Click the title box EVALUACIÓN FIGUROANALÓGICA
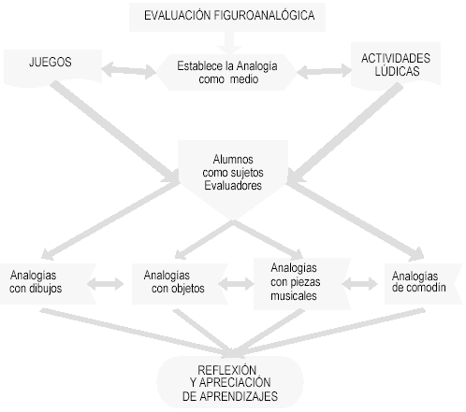pyautogui.click(x=227, y=17)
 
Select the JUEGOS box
pyautogui.click(x=52, y=67)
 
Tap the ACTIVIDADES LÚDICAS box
pyautogui.click(x=396, y=64)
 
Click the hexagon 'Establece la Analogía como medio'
pyautogui.click(x=226, y=72)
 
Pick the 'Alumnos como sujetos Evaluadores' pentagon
pyautogui.click(x=233, y=176)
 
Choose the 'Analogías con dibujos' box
pyautogui.click(x=48, y=284)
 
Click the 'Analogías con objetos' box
pyautogui.click(x=180, y=284)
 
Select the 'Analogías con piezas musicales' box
pyautogui.click(x=302, y=284)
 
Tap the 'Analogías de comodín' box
pyautogui.click(x=423, y=284)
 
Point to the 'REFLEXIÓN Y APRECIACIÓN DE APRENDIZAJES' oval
pyautogui.click(x=230, y=382)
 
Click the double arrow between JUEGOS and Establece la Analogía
pyautogui.click(x=129, y=70)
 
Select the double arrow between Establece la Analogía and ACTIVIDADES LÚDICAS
pyautogui.click(x=325, y=71)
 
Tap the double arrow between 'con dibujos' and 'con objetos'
pyautogui.click(x=106, y=284)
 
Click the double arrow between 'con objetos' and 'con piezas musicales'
pyautogui.click(x=236, y=284)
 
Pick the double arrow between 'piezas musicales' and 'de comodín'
pyautogui.click(x=359, y=284)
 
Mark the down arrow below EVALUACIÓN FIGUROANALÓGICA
pyautogui.click(x=229, y=43)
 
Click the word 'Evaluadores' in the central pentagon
pyautogui.click(x=233, y=186)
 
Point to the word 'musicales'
pyautogui.click(x=294, y=296)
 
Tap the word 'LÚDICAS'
pyautogui.click(x=397, y=71)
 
